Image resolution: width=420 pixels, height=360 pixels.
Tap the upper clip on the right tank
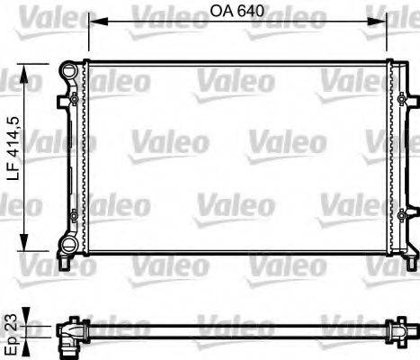coord(403,97)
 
